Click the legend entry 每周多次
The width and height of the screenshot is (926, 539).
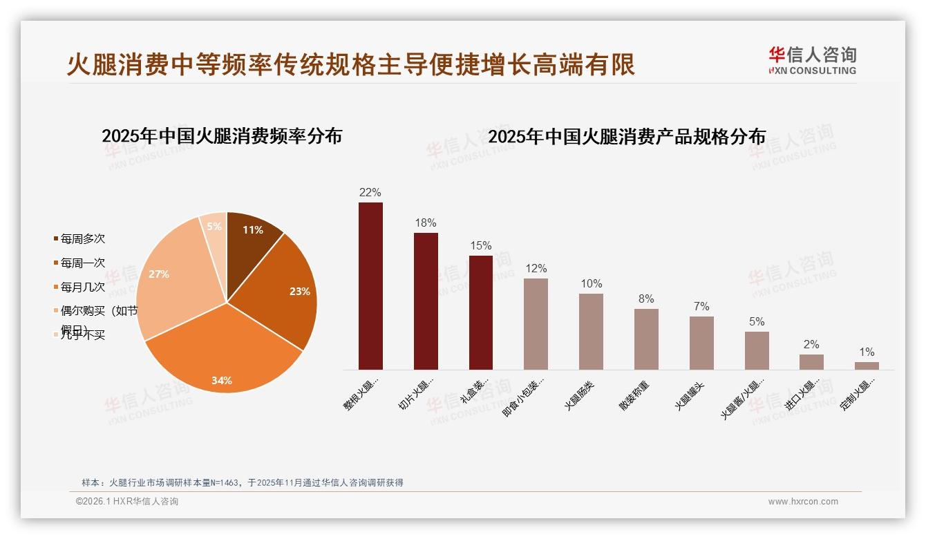(x=82, y=239)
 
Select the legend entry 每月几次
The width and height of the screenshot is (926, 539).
(x=82, y=287)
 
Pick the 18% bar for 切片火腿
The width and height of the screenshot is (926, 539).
(x=426, y=301)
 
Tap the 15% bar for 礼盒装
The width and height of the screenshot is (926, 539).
(x=481, y=312)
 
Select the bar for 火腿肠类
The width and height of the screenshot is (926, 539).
(x=591, y=332)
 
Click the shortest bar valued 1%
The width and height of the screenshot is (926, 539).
(x=867, y=366)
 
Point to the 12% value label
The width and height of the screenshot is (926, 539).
(x=536, y=269)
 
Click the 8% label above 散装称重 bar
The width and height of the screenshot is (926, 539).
(x=646, y=299)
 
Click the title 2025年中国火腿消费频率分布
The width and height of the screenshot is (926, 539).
(x=222, y=136)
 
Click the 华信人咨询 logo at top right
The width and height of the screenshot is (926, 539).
(x=813, y=61)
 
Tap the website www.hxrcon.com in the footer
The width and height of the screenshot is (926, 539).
(x=803, y=502)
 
